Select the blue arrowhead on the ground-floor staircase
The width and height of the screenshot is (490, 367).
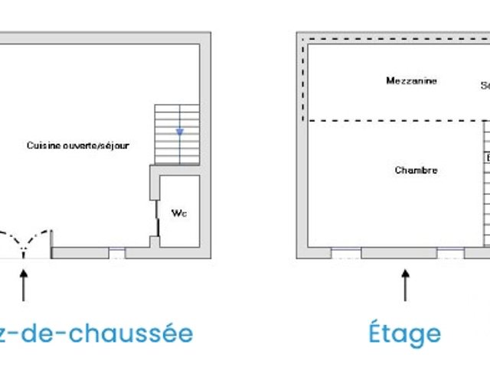click(179, 132)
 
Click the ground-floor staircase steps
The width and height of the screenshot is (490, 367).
click(177, 134)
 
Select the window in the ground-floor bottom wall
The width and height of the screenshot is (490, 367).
click(117, 252)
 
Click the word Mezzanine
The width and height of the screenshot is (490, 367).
click(411, 80)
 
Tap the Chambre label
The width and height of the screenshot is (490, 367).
click(416, 170)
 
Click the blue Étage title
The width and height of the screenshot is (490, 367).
click(404, 333)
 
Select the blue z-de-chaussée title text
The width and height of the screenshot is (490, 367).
click(96, 333)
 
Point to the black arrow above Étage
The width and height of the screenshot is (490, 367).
click(405, 284)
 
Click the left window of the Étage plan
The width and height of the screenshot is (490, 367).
click(346, 252)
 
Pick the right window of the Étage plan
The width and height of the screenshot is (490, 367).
click(450, 252)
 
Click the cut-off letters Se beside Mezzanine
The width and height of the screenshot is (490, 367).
click(485, 86)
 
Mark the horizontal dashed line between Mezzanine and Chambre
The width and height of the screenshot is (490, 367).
click(394, 121)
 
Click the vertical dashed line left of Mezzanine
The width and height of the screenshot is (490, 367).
click(303, 80)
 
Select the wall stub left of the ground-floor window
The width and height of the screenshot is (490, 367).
click(80, 252)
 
